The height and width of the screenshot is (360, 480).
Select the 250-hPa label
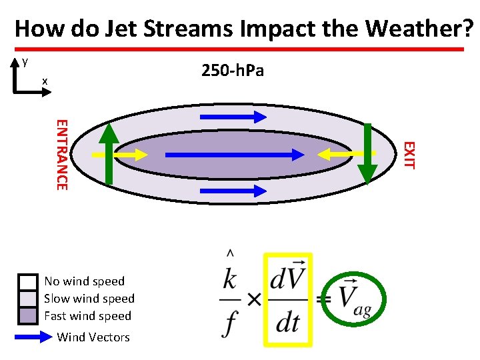coord(233,70)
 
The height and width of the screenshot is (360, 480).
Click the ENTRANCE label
coord(61,154)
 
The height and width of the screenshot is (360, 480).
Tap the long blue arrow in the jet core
coord(234,155)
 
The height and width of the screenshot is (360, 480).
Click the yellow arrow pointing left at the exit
coord(347,154)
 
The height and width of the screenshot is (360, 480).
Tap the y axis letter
coord(25,61)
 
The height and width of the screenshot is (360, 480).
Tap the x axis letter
coord(45,81)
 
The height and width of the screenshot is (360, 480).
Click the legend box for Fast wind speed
coord(28,316)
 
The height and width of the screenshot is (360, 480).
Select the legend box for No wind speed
coord(28,281)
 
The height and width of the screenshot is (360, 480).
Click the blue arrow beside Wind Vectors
coord(33,337)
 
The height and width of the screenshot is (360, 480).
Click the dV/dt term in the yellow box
coord(288,299)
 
